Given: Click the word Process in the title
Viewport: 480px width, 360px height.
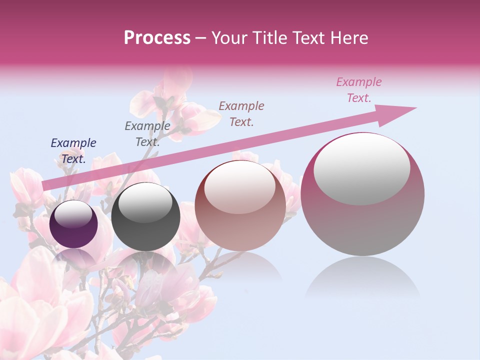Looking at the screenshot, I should (157, 38).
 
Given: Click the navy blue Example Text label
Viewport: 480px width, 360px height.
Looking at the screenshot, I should (73, 151).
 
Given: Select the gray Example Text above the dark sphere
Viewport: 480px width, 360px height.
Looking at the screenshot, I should (147, 134).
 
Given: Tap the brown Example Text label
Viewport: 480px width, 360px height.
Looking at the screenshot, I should (241, 114).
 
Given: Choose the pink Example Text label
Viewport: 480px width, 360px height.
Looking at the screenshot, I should (359, 90).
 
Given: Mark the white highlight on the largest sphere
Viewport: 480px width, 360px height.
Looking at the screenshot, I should (361, 168).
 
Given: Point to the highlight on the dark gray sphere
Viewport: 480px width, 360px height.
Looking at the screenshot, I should (145, 203).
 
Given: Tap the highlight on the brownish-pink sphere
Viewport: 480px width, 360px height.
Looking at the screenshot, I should (240, 187).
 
